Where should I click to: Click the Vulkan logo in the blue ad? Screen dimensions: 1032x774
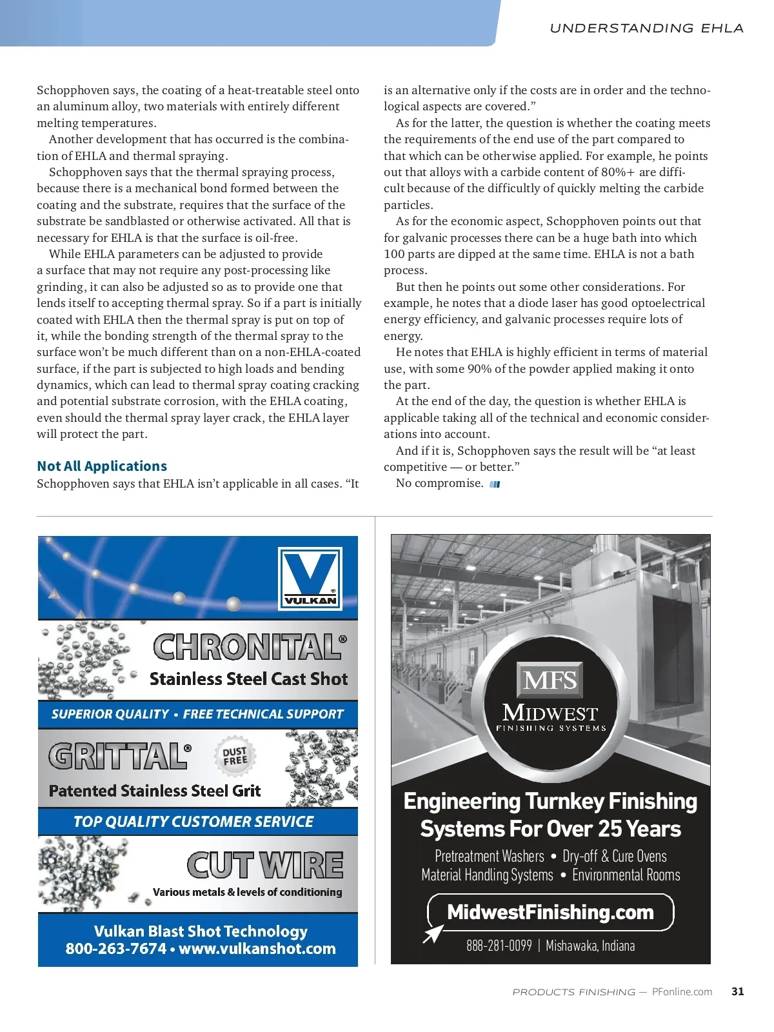310,577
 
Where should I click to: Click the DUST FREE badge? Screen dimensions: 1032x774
235,756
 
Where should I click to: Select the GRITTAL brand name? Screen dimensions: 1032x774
120,756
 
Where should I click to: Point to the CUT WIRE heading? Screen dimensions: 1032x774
265,865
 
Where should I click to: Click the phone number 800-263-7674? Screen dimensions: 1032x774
116,949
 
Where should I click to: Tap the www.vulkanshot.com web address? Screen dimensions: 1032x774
257,949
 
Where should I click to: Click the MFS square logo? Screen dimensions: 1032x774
550,680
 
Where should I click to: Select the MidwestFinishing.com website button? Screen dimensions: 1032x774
550,912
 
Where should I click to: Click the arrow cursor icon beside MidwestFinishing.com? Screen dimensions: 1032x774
433,933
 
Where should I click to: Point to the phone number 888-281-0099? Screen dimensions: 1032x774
499,946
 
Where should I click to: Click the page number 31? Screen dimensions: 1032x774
738,991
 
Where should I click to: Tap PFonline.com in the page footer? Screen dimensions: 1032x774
682,992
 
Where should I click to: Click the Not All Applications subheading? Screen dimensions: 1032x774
102,466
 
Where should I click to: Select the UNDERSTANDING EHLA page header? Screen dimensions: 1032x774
646,28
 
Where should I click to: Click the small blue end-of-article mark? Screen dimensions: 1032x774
495,484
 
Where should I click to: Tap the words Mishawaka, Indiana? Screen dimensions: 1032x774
590,946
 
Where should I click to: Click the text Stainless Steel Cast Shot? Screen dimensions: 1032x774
248,679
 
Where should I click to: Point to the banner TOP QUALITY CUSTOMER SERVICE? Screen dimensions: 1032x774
193,822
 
